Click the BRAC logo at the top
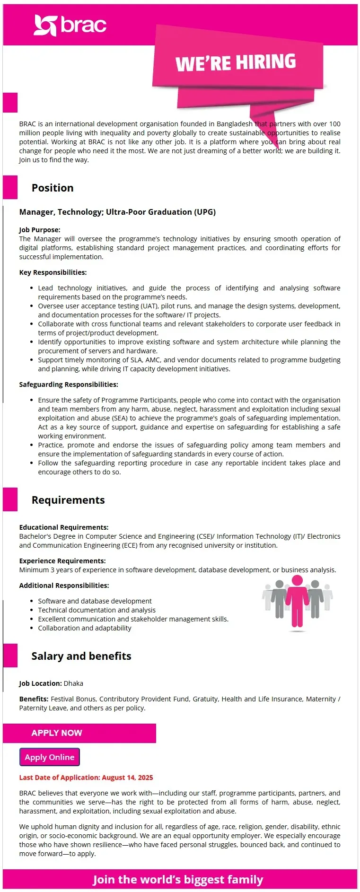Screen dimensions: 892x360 pyautogui.click(x=70, y=25)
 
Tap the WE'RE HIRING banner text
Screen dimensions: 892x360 pyautogui.click(x=236, y=62)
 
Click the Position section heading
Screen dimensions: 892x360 pyautogui.click(x=53, y=188)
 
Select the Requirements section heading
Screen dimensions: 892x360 pyautogui.click(x=68, y=500)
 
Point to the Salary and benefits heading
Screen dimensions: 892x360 pyautogui.click(x=81, y=656)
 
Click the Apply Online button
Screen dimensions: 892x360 pyautogui.click(x=50, y=757)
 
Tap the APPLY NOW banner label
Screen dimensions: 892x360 pyautogui.click(x=57, y=733)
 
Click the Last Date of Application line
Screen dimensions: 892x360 pyautogui.click(x=86, y=778)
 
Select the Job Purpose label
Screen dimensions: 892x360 pyautogui.click(x=40, y=230)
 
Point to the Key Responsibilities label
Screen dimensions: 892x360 pyautogui.click(x=53, y=272)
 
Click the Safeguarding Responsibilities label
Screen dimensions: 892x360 pyautogui.click(x=69, y=385)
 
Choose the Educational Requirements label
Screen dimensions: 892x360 pyautogui.click(x=64, y=527)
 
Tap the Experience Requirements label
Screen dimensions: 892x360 pyautogui.click(x=62, y=561)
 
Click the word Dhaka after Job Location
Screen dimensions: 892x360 pyautogui.click(x=73, y=683)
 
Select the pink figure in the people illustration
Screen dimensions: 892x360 pyautogui.click(x=297, y=603)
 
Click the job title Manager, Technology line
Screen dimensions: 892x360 pyautogui.click(x=117, y=212)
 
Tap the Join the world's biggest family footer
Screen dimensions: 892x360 pyautogui.click(x=178, y=880)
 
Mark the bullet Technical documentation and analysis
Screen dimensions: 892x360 pyautogui.click(x=97, y=610)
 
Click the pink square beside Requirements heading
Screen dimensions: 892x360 pyautogui.click(x=10, y=499)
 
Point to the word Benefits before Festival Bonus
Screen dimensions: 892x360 pyautogui.click(x=34, y=699)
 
